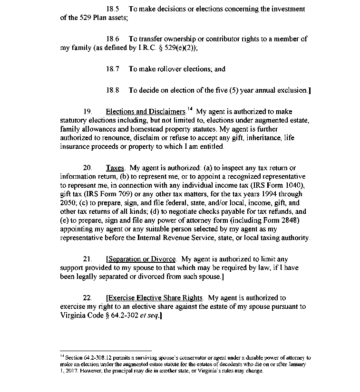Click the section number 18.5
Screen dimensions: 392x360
point(113,9)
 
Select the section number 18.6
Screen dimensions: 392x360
point(113,39)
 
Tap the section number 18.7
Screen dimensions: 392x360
point(113,69)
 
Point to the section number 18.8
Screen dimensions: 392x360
point(113,90)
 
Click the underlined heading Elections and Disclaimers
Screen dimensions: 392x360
point(145,112)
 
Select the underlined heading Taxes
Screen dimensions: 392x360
point(115,168)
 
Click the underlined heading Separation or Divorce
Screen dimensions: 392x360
point(142,259)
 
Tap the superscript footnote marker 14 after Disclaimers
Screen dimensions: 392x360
point(190,109)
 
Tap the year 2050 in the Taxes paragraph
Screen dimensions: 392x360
point(69,202)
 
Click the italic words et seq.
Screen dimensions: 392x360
point(149,316)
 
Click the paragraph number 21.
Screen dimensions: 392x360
point(88,259)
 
